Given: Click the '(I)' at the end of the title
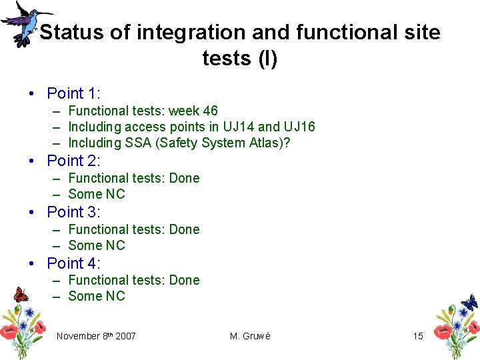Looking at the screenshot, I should click(x=267, y=59).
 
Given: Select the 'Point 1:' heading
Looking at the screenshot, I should click(x=73, y=93).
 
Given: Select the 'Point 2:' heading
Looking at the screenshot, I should click(x=73, y=161).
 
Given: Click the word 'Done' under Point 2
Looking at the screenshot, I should click(x=185, y=178).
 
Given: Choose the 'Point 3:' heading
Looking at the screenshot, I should click(x=73, y=212).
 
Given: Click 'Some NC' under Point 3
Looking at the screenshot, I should click(x=97, y=245).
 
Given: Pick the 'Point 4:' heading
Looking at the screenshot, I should click(x=73, y=263).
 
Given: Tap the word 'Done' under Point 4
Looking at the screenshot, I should click(x=185, y=280).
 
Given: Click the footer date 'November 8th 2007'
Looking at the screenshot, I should click(x=96, y=336).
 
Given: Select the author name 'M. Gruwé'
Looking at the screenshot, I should click(x=250, y=336).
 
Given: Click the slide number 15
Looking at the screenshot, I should click(x=418, y=336).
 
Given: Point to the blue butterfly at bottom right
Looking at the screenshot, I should click(x=469, y=302).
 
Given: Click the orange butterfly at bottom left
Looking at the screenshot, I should click(x=21, y=294).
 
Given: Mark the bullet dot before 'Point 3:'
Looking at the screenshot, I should click(x=32, y=213).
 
